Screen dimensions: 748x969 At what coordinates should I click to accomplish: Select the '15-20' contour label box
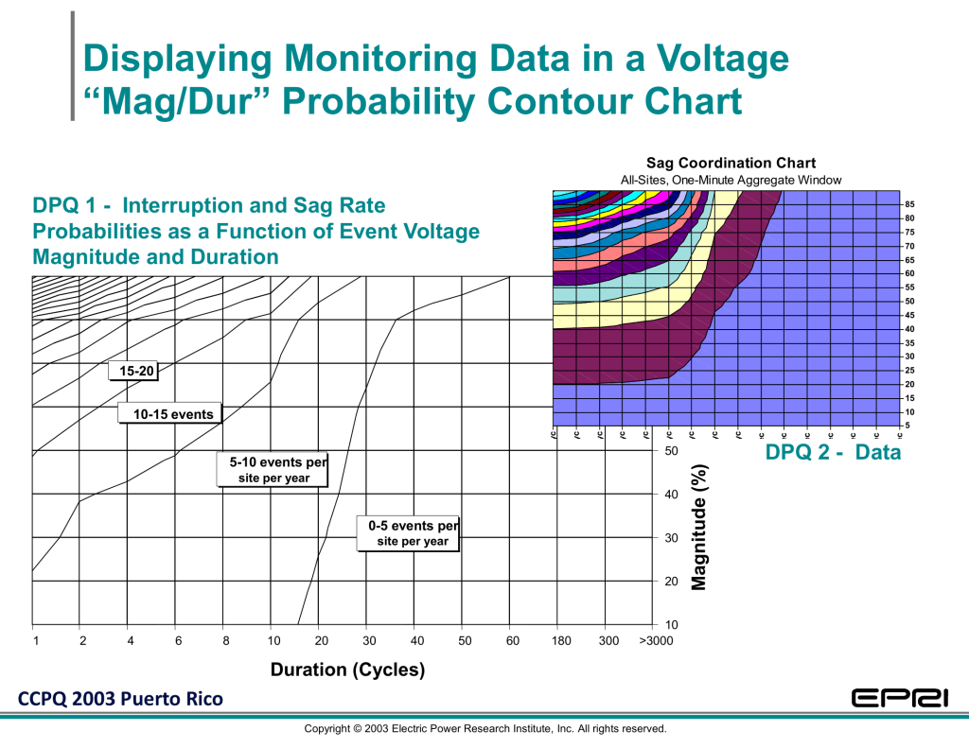coord(132,371)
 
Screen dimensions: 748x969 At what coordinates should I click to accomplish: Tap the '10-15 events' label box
coord(172,414)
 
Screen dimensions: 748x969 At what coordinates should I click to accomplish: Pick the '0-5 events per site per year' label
coord(414,533)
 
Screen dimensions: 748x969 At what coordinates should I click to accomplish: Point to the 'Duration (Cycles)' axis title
coord(347,670)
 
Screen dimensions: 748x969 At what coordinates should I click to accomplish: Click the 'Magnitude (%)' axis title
coord(699,527)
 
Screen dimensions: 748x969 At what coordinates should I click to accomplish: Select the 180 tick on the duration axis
coord(560,641)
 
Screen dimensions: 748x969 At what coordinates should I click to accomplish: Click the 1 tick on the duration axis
coord(34,641)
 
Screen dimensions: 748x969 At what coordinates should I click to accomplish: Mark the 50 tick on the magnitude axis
coord(672,451)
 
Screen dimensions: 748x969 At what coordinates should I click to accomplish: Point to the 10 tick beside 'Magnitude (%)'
coord(672,625)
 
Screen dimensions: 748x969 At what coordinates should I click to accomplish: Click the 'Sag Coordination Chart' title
coord(731,164)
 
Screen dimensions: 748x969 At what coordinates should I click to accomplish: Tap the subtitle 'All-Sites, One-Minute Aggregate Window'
coord(731,180)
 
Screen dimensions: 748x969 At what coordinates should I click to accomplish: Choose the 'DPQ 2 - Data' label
coord(833,453)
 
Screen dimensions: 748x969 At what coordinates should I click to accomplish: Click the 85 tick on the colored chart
coord(908,204)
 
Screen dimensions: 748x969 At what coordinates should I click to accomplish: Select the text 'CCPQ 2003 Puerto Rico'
coord(118,700)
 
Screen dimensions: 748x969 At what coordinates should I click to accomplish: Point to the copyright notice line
coord(484,729)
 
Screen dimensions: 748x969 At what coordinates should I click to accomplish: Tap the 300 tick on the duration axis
coord(608,641)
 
